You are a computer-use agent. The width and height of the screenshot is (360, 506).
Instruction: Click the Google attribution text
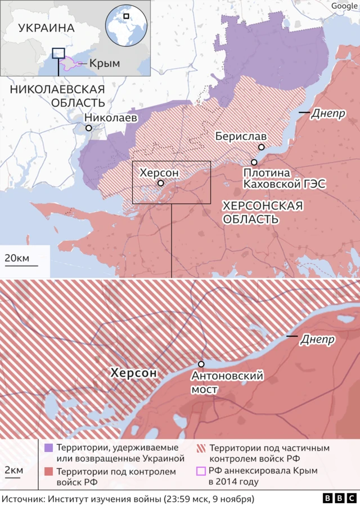tap(344, 6)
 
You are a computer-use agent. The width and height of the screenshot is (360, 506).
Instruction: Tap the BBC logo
tap(340, 498)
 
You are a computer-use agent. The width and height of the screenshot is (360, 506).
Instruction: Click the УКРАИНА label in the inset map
tap(46, 28)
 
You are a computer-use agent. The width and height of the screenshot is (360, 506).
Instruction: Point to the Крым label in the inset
tap(104, 64)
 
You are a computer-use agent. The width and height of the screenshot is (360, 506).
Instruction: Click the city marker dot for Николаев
tap(89, 128)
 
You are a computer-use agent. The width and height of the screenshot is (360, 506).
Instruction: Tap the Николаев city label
tap(111, 118)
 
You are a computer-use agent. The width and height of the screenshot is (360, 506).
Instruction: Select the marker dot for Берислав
tap(261, 147)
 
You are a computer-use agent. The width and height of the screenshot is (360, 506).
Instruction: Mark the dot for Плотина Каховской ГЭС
tap(254, 162)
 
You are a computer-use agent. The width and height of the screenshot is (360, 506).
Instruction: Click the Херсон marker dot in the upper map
tap(161, 183)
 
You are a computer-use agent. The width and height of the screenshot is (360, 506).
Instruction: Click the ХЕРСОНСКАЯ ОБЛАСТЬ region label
tap(262, 212)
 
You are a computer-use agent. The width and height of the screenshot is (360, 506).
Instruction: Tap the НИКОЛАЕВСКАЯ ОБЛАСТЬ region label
tap(57, 96)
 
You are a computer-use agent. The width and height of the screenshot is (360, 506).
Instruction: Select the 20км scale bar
tap(22, 265)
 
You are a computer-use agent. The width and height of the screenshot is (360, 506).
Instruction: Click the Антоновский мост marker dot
tap(201, 364)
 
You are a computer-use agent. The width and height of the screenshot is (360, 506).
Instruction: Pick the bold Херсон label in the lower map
tap(133, 373)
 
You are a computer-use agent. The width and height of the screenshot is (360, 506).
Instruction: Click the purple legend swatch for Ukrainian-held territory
tap(48, 448)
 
